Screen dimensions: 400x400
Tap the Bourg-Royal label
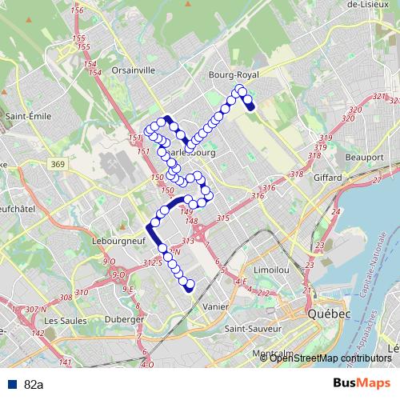[230, 74]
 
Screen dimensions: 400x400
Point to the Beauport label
[365, 158]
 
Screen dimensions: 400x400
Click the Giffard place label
[328, 178]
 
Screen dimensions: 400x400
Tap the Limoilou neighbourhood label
[270, 272]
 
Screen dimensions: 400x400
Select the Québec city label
[330, 314]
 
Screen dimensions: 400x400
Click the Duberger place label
[126, 319]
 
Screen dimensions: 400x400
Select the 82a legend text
[34, 385]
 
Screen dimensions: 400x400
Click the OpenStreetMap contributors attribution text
[330, 358]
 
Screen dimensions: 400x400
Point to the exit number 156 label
[78, 10]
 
